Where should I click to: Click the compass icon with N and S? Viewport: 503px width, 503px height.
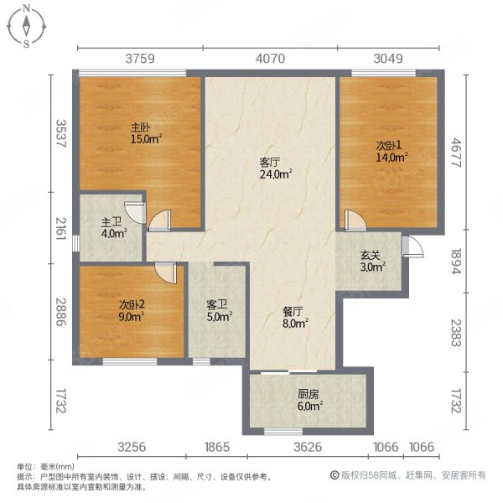(27, 25)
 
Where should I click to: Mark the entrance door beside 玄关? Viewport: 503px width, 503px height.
(410, 245)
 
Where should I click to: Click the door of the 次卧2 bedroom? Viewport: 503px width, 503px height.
(165, 273)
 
